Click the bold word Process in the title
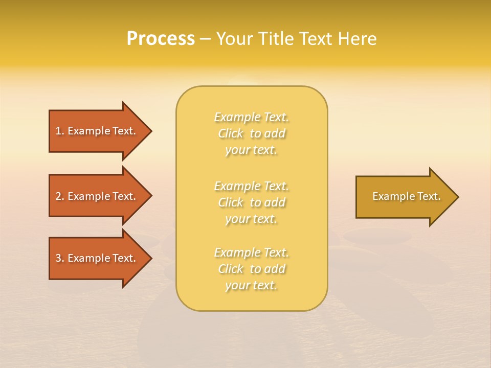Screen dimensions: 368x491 point(161,39)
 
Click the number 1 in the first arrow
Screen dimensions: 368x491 point(58,131)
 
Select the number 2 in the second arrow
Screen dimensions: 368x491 point(58,196)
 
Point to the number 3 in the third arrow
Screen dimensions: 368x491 point(58,258)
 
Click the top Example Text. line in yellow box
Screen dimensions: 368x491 point(252,117)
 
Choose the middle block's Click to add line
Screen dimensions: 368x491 point(252,202)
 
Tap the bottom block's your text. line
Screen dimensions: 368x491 point(252,286)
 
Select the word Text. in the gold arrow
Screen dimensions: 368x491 point(429,196)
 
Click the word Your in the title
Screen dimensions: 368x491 point(234,39)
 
